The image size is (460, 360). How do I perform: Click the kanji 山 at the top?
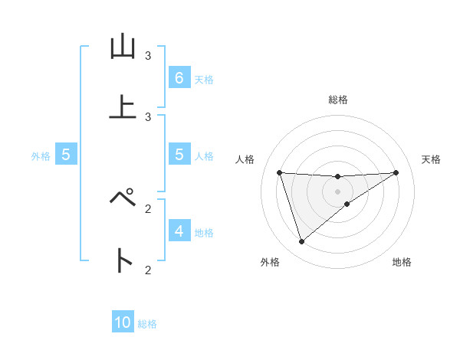[123, 48]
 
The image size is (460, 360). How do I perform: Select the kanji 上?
[123, 107]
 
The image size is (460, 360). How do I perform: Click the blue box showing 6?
[179, 77]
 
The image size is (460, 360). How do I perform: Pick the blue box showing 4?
[179, 231]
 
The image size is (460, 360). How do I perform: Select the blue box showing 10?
[123, 322]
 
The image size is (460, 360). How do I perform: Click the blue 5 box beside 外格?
[65, 155]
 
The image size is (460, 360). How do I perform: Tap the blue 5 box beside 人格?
[179, 155]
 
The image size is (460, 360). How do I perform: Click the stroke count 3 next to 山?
[148, 56]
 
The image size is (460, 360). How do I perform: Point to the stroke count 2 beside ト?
[148, 270]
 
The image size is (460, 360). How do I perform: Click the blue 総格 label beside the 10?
[147, 324]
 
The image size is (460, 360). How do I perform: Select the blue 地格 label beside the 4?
[204, 232]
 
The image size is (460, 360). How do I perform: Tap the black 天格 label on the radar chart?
[431, 159]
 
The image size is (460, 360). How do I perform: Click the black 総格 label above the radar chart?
[338, 100]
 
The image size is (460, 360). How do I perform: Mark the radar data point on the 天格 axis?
[396, 172]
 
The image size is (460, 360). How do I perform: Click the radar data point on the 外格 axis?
[301, 242]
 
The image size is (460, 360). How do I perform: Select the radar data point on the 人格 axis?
[279, 172]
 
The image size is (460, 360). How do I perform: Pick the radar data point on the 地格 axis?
[347, 204]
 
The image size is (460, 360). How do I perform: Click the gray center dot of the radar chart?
[337, 191]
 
